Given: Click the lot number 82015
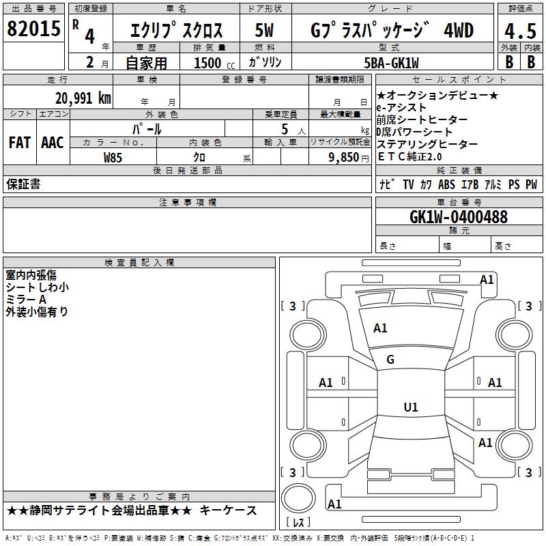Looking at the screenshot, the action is coord(33,30).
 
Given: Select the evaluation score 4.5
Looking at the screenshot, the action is coord(519,31).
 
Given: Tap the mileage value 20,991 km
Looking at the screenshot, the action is coord(83,98).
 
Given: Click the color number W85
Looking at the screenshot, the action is coord(113,156).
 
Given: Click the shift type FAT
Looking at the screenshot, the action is coord(19,142).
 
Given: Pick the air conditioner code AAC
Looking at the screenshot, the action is coord(52,142).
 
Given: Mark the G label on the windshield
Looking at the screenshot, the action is coord(390,360).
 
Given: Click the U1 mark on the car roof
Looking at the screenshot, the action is coord(411,407).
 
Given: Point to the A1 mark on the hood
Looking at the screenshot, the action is coord(380,328).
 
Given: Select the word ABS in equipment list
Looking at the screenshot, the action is coord(446,184).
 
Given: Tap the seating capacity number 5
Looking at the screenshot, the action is coord(283,129).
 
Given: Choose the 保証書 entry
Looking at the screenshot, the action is coord(23,184).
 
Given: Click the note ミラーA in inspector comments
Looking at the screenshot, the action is coord(26,300).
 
